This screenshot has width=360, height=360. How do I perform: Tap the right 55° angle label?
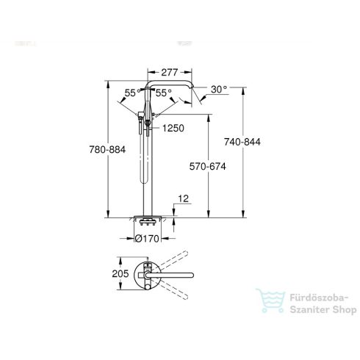click(164, 93)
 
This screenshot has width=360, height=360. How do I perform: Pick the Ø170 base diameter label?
click(148, 237)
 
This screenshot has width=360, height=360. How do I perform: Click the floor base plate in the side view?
click(148, 220)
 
